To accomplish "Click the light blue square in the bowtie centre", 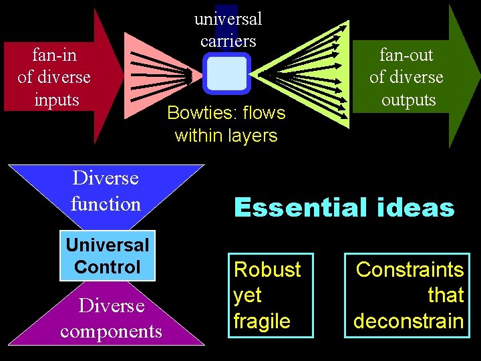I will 226,74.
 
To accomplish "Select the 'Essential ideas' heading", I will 344,208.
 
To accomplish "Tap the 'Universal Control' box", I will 108,256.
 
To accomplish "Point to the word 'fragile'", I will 262,321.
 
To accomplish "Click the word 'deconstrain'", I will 408,321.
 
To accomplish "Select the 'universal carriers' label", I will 228,29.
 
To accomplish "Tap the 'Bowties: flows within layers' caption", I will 226,124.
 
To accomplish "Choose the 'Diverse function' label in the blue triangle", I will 106,191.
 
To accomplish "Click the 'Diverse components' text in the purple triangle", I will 111,319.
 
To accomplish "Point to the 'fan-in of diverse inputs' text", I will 54,78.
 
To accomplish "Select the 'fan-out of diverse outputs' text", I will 406,78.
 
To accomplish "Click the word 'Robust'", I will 267,269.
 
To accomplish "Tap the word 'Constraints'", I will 410,269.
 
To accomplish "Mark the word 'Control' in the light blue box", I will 108,267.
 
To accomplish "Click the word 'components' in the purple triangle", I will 111,332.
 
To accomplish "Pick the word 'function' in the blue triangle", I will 106,203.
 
